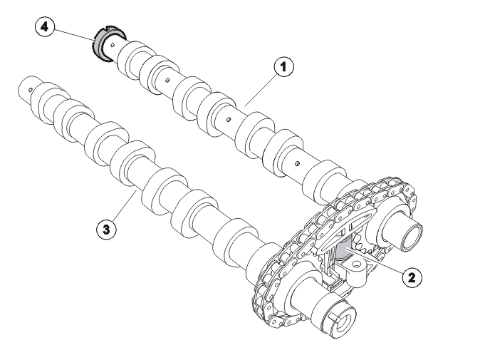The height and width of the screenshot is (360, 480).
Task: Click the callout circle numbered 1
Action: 283,66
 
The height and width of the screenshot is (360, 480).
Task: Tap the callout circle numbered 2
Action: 412,277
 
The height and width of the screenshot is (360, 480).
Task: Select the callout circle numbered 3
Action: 106,229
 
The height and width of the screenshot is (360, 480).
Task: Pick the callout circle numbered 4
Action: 45,27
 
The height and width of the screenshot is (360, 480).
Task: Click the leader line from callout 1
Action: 260,91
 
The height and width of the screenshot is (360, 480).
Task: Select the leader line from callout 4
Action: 74,35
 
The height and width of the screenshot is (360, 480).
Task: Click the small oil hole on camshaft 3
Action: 31,89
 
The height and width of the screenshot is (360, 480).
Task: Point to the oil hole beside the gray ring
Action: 113,46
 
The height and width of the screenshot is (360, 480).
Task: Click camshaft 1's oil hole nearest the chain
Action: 297,163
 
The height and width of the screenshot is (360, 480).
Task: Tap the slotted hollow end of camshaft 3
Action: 343,321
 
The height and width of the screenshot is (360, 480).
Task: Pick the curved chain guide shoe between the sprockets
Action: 345,228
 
